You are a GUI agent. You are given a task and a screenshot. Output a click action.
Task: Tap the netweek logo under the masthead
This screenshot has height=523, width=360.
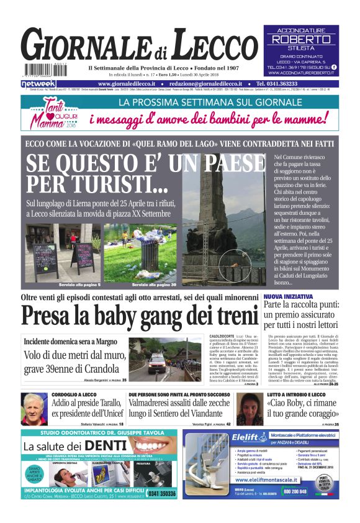click(x=38, y=83)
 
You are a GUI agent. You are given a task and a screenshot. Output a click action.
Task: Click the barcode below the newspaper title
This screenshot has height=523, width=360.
click(x=43, y=70)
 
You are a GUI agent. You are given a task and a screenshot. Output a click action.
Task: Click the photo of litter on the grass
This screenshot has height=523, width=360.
click(x=140, y=252)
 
